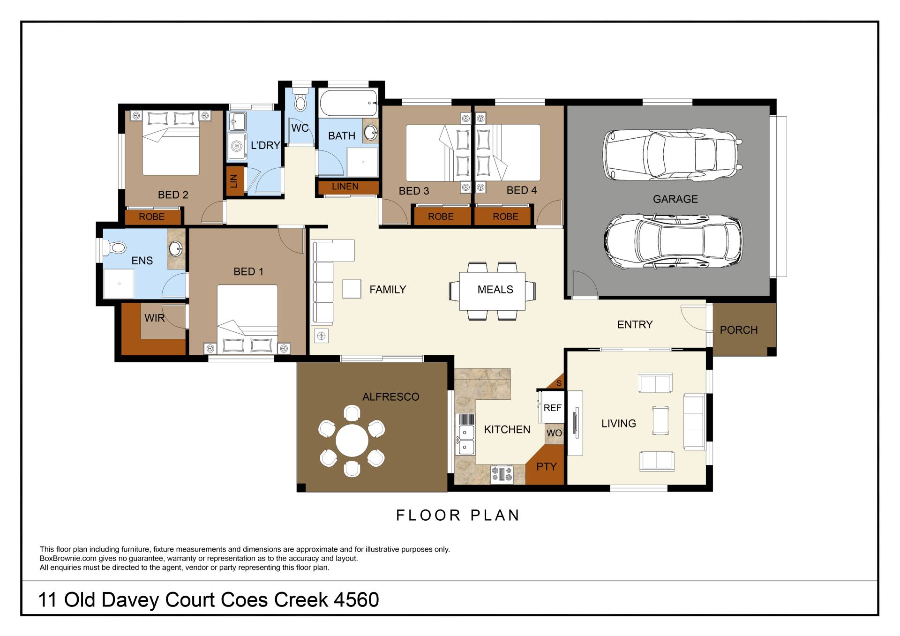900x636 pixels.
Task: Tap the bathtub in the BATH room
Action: [x=348, y=103]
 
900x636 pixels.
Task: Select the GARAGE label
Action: [x=675, y=199]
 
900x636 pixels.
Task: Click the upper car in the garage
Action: [x=672, y=155]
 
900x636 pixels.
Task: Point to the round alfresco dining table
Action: [x=352, y=440]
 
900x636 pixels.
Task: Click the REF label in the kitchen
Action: [x=552, y=408]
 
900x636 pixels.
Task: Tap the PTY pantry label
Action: [x=546, y=467]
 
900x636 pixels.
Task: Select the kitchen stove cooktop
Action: [x=502, y=474]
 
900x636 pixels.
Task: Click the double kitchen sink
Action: [x=465, y=440]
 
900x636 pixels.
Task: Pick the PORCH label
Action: [x=739, y=330]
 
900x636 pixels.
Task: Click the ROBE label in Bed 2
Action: [x=151, y=217]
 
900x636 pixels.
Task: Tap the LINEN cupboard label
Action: [x=345, y=186]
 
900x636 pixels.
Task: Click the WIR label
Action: [x=155, y=318]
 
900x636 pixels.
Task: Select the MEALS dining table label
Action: [x=495, y=290]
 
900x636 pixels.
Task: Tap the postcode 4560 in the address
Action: [x=356, y=600]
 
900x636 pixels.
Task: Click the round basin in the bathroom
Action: [x=371, y=132]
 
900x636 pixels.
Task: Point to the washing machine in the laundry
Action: [x=237, y=147]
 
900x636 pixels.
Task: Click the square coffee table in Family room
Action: [x=352, y=289]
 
